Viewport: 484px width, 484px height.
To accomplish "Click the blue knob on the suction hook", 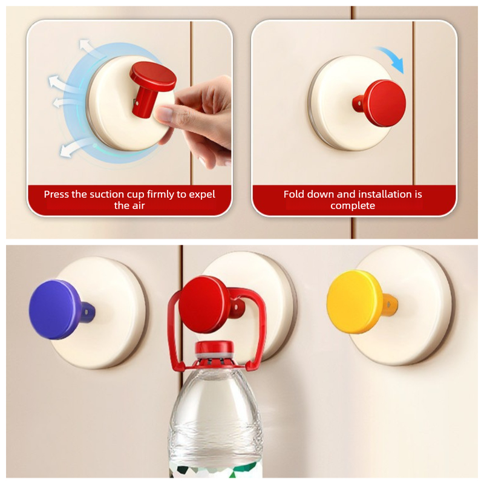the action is coord(56,310).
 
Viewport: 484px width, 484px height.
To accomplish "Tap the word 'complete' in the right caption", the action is coord(353,206).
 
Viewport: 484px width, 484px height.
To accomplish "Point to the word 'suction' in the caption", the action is coord(105,194).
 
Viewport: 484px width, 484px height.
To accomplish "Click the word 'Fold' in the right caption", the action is coord(293,194).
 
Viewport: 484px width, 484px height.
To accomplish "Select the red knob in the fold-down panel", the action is coord(383,103).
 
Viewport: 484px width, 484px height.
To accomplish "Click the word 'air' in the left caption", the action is coord(139,206).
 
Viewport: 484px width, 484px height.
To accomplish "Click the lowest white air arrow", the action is coord(76,148).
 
